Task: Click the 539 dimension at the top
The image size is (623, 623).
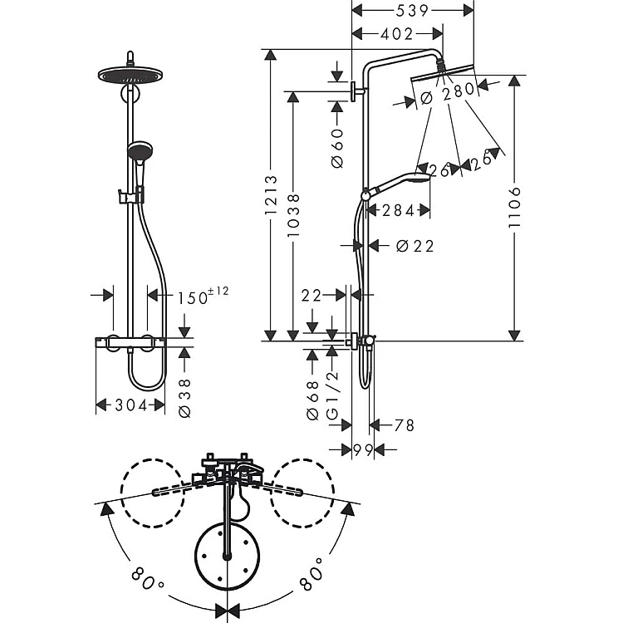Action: [412, 11]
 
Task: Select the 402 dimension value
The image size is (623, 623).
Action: [397, 34]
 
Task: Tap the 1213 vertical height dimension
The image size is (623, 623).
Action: [271, 195]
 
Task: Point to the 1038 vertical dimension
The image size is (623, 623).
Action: [294, 215]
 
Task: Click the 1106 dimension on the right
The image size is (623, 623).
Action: [514, 207]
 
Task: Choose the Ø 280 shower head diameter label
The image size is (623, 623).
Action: [448, 94]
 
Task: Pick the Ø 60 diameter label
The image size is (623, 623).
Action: [337, 148]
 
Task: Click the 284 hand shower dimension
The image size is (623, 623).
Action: [398, 211]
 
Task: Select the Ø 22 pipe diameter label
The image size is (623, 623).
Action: [415, 246]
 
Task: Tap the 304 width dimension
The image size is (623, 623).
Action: [130, 405]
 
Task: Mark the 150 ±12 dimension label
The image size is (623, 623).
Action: [202, 296]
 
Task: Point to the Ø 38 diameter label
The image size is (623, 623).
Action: [185, 398]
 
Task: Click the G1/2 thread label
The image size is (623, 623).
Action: [332, 395]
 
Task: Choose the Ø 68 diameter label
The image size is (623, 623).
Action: [313, 400]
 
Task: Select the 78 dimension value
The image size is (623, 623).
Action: [404, 425]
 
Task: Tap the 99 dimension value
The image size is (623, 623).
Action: [363, 450]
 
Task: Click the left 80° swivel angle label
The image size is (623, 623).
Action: [145, 578]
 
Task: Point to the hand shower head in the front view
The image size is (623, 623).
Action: [140, 151]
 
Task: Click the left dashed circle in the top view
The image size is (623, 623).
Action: [153, 493]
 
